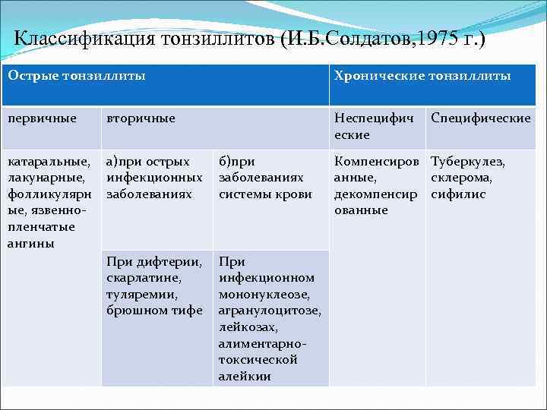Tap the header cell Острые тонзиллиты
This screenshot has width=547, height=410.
click(x=77, y=76)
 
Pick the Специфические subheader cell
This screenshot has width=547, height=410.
click(x=480, y=118)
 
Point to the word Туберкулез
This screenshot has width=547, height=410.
click(x=467, y=161)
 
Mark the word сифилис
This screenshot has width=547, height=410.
click(x=457, y=194)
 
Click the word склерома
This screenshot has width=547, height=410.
click(x=461, y=177)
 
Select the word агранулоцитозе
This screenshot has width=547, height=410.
click(x=270, y=310)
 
